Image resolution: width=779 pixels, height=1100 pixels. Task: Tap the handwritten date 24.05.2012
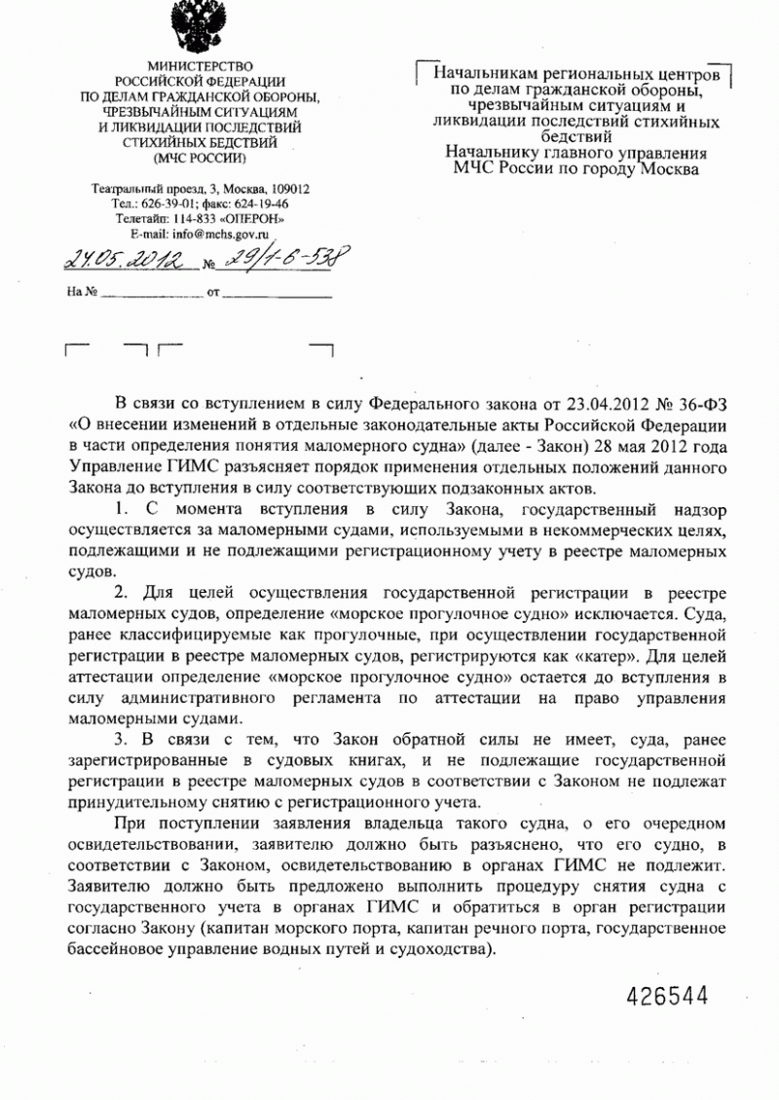click(124, 260)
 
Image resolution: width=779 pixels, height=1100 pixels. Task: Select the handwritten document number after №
click(283, 260)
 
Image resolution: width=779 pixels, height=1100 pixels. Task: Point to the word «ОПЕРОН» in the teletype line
click(250, 220)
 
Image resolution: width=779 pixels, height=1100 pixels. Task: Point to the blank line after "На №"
click(151, 292)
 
